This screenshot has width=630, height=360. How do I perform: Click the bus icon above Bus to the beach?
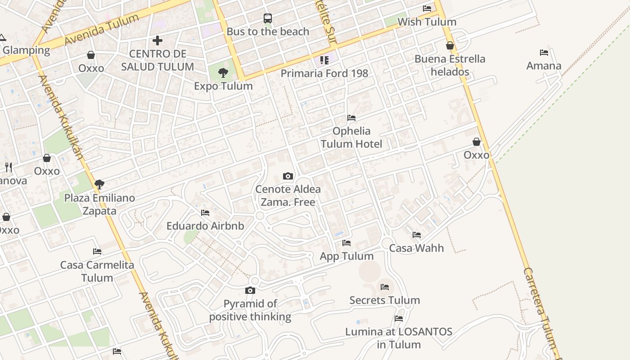pyautogui.click(x=268, y=18)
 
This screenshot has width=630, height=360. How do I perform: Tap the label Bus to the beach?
pyautogui.click(x=268, y=31)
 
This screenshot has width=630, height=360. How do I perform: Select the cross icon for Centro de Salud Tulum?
pyautogui.click(x=157, y=40)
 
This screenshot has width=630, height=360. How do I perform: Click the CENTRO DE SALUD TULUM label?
pyautogui.click(x=157, y=60)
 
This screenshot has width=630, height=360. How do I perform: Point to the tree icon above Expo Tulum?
pyautogui.click(x=223, y=72)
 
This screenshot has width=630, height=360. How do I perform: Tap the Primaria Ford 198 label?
pyautogui.click(x=324, y=73)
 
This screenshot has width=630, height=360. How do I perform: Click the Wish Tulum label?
pyautogui.click(x=427, y=22)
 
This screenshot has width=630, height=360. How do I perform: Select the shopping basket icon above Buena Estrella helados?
pyautogui.click(x=450, y=45)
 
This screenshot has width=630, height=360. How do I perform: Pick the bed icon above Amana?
pyautogui.click(x=544, y=53)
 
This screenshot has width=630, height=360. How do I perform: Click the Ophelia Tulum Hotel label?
pyautogui.click(x=351, y=137)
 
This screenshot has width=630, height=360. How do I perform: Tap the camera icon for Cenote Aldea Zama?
pyautogui.click(x=288, y=176)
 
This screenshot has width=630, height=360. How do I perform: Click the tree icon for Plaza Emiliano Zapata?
pyautogui.click(x=99, y=184)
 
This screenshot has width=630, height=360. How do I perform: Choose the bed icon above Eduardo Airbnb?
pyautogui.click(x=205, y=213)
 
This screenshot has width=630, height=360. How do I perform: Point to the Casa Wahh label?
pyautogui.click(x=416, y=248)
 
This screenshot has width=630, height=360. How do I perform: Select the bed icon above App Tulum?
pyautogui.click(x=346, y=243)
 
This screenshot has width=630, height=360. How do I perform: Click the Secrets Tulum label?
pyautogui.click(x=385, y=300)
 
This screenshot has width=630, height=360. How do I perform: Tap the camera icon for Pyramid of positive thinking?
pyautogui.click(x=250, y=291)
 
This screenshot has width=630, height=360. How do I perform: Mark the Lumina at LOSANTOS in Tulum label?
pyautogui.click(x=399, y=338)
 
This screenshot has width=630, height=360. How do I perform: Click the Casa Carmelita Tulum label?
pyautogui.click(x=97, y=271)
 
